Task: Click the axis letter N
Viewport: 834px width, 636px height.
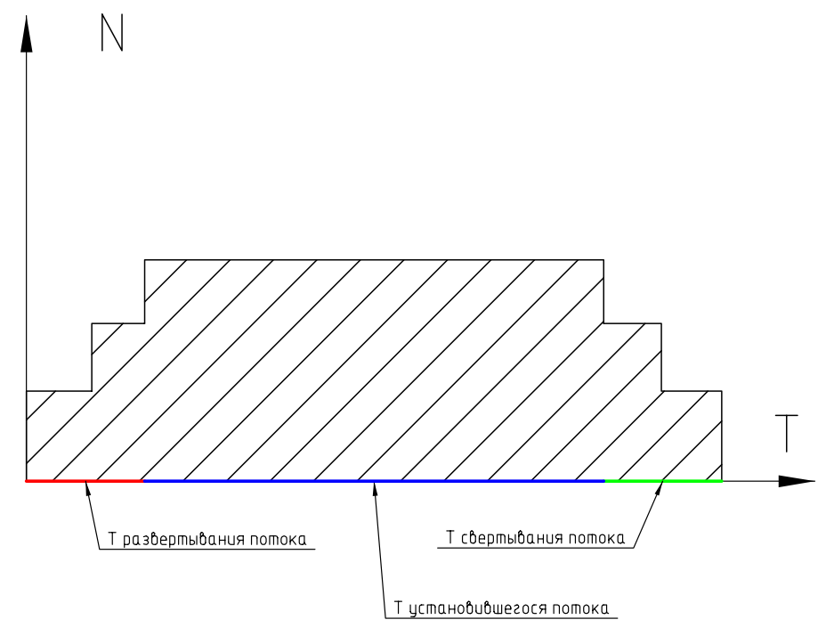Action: point(112,32)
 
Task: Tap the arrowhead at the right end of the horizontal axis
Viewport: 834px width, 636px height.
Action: point(796,481)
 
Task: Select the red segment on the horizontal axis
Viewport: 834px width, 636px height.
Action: point(85,481)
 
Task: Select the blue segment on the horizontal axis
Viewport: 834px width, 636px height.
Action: point(374,481)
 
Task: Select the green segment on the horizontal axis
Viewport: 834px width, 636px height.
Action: point(663,481)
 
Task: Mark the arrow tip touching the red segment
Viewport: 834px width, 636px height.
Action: point(85,484)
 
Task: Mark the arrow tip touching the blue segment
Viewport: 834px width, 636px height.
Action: point(375,484)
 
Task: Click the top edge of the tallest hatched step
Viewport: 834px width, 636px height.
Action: point(374,259)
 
